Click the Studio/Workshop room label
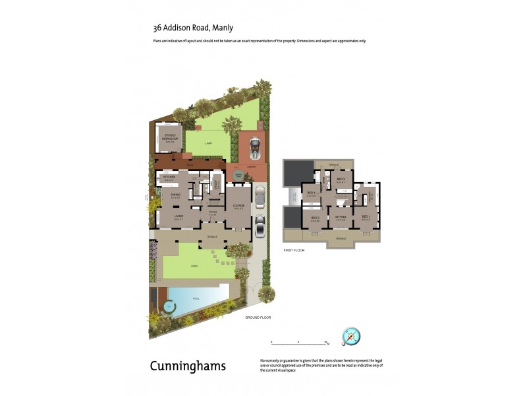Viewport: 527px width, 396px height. click(x=170, y=137)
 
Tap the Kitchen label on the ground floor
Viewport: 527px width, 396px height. click(x=168, y=178)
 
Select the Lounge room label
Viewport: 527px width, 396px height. click(x=238, y=205)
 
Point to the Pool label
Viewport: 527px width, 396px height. click(x=196, y=298)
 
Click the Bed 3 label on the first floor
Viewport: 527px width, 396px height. click(x=315, y=218)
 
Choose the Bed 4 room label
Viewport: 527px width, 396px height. click(x=312, y=193)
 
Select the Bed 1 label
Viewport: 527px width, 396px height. click(x=366, y=217)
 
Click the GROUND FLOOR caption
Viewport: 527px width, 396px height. click(x=258, y=317)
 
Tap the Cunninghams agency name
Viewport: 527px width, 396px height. click(x=188, y=366)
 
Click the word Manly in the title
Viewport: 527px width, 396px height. click(x=223, y=28)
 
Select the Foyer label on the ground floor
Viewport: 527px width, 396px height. click(x=212, y=212)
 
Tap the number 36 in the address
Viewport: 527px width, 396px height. click(x=157, y=28)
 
